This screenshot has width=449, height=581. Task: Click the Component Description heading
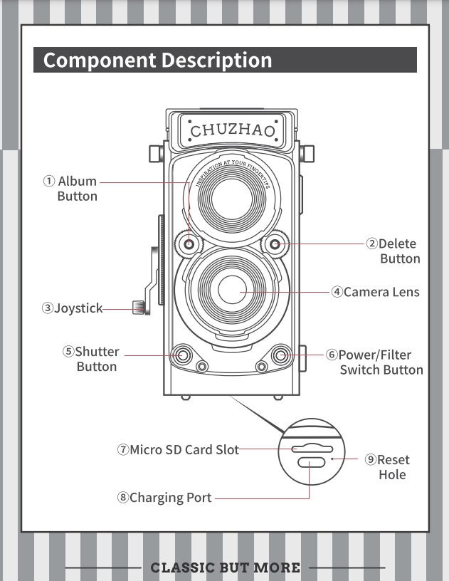(157, 61)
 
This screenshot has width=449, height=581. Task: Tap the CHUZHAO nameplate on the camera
(232, 131)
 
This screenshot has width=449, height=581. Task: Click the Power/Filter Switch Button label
(379, 362)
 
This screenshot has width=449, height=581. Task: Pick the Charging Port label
(170, 498)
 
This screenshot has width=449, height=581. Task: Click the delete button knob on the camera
(275, 245)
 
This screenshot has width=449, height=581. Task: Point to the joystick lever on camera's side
(140, 308)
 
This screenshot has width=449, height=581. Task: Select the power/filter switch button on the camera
(281, 354)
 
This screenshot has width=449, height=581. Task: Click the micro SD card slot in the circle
(311, 449)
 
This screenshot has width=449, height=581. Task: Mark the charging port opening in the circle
(311, 463)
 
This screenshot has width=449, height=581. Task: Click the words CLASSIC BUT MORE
(225, 567)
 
